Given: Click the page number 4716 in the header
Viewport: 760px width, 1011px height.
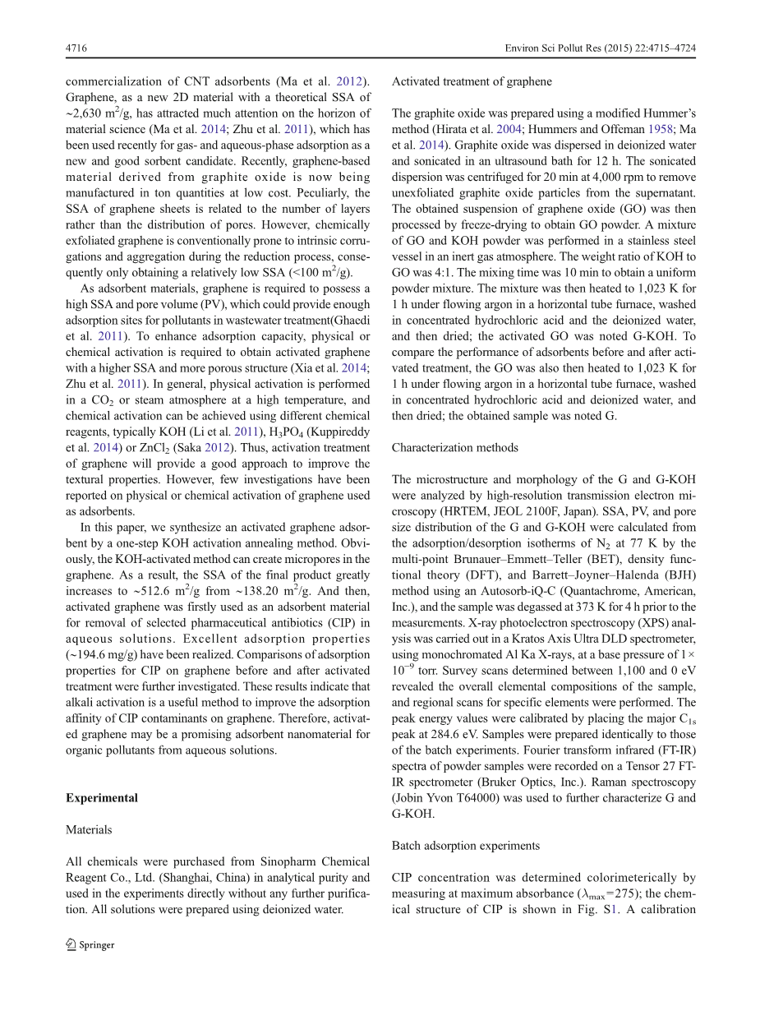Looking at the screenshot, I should point(76,48).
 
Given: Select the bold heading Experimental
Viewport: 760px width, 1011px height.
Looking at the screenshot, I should point(102,798).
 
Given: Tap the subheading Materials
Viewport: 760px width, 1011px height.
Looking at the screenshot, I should point(89,829).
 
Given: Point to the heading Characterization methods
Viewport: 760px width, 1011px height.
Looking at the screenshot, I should point(454,448).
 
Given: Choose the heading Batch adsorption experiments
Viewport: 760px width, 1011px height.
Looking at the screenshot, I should point(466,846).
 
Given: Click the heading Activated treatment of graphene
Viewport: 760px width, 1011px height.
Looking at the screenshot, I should point(472,81).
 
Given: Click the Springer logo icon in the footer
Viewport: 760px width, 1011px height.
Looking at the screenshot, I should point(71,944).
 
